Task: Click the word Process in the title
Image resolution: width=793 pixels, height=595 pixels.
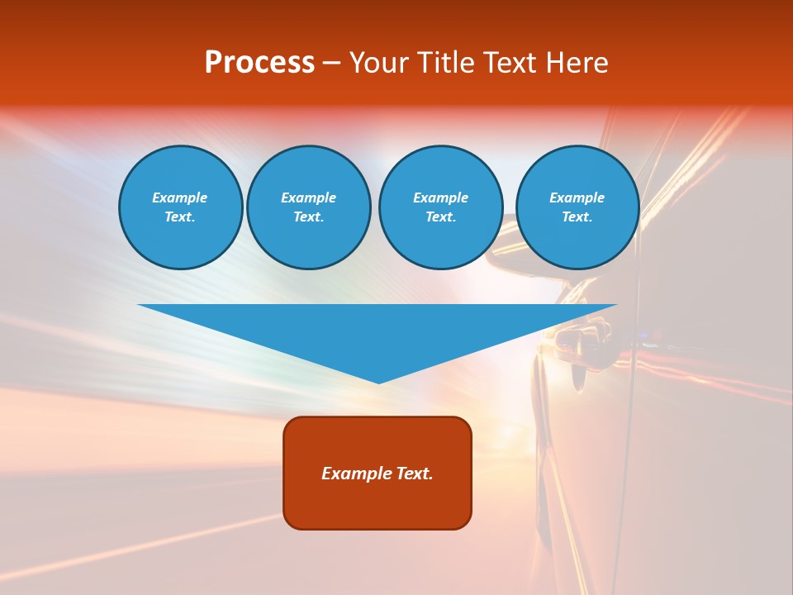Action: click(259, 63)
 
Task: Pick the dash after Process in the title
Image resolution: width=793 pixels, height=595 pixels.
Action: click(331, 64)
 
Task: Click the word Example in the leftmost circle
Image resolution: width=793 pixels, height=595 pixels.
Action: click(180, 198)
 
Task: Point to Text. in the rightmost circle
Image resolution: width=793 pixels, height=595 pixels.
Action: click(577, 217)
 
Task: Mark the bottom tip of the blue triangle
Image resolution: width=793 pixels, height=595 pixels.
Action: click(378, 382)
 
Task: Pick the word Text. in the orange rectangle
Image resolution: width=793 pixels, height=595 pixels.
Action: click(415, 474)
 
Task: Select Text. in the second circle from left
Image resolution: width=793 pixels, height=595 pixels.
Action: click(308, 217)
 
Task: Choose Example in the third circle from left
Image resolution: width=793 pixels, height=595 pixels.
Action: click(440, 198)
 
